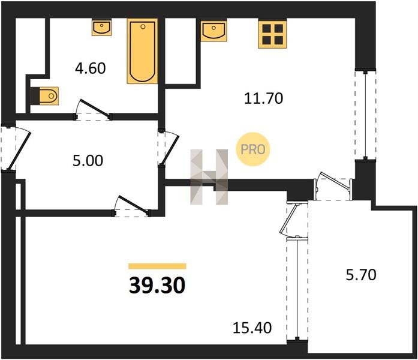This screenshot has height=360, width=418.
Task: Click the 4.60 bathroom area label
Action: pyautogui.click(x=91, y=68)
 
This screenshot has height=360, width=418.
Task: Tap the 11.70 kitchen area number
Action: pyautogui.click(x=263, y=98)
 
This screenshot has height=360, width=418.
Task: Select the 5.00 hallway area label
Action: pyautogui.click(x=88, y=161)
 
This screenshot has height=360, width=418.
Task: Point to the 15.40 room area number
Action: pyautogui.click(x=252, y=328)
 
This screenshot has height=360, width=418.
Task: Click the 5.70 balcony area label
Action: pyautogui.click(x=361, y=275)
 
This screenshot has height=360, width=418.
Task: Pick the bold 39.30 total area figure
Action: pyautogui.click(x=157, y=285)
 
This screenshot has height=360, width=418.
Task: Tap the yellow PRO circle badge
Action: pyautogui.click(x=253, y=149)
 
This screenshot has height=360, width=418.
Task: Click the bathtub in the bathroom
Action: pyautogui.click(x=142, y=51)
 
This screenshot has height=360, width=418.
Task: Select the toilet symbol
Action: pyautogui.click(x=45, y=96)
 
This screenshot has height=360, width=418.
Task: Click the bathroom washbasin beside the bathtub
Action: pyautogui.click(x=101, y=28)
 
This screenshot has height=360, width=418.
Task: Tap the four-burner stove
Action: pyautogui.click(x=272, y=34)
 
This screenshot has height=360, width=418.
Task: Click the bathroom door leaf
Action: pyautogui.click(x=95, y=109)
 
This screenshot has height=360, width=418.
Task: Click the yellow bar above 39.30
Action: pyautogui.click(x=157, y=266)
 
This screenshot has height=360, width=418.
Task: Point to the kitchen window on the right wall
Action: pyautogui.click(x=365, y=115)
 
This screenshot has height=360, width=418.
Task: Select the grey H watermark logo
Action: pyautogui.click(x=209, y=177)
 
